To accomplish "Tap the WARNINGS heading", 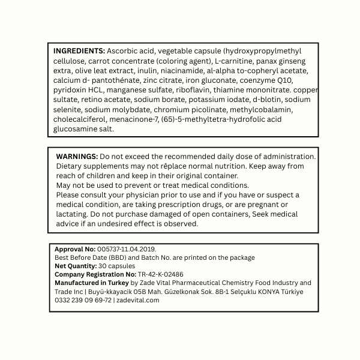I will point(77,156).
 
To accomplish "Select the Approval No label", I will point(74,249).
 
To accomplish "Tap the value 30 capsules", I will point(116,266).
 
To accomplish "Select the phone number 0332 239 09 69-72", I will point(83,300).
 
